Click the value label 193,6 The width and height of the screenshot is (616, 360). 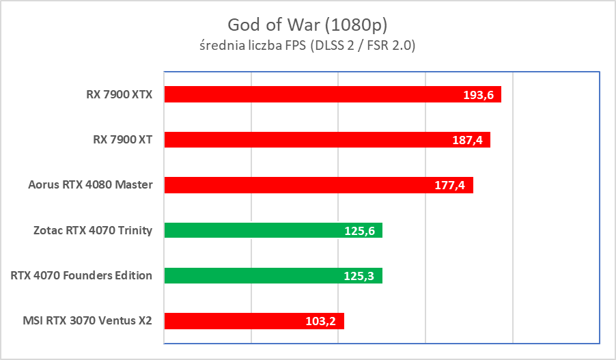pos(479,95)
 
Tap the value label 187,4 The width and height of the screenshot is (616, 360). pos(468,140)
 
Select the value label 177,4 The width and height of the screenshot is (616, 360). pos(451,185)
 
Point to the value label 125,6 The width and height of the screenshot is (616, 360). pos(360,231)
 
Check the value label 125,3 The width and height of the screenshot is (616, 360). pos(360,276)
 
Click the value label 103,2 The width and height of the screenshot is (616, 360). pos(322,321)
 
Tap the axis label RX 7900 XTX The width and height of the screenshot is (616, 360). pos(115,94)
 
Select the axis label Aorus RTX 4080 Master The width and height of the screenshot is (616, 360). pos(90,184)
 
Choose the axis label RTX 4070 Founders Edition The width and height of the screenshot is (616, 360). pos(81,275)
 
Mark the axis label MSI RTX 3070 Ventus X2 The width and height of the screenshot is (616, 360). pos(86,320)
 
